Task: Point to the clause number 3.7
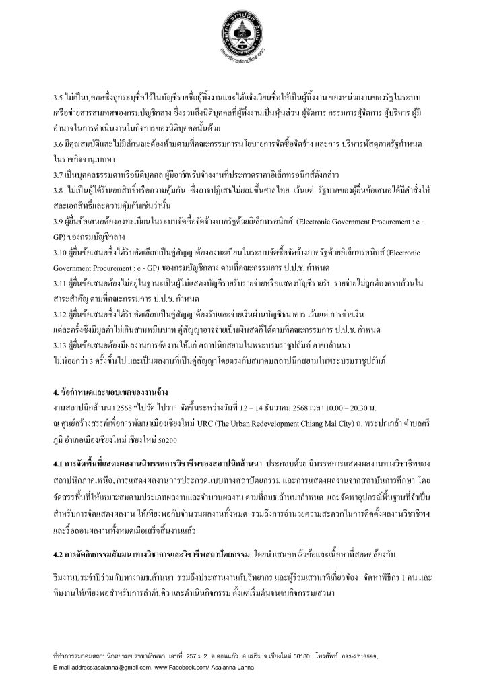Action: [x=59, y=175]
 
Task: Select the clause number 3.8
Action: [x=59, y=190]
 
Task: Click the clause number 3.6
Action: [x=59, y=144]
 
